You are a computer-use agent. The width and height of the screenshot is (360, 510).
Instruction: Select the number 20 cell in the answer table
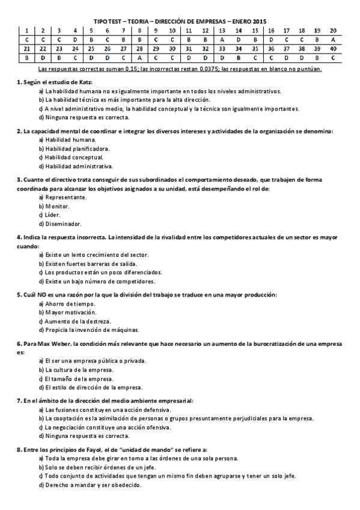tap(333, 30)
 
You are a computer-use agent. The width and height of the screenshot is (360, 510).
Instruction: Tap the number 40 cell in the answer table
tap(333, 49)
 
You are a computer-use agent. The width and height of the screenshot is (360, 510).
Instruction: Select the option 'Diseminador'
tap(63, 224)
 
